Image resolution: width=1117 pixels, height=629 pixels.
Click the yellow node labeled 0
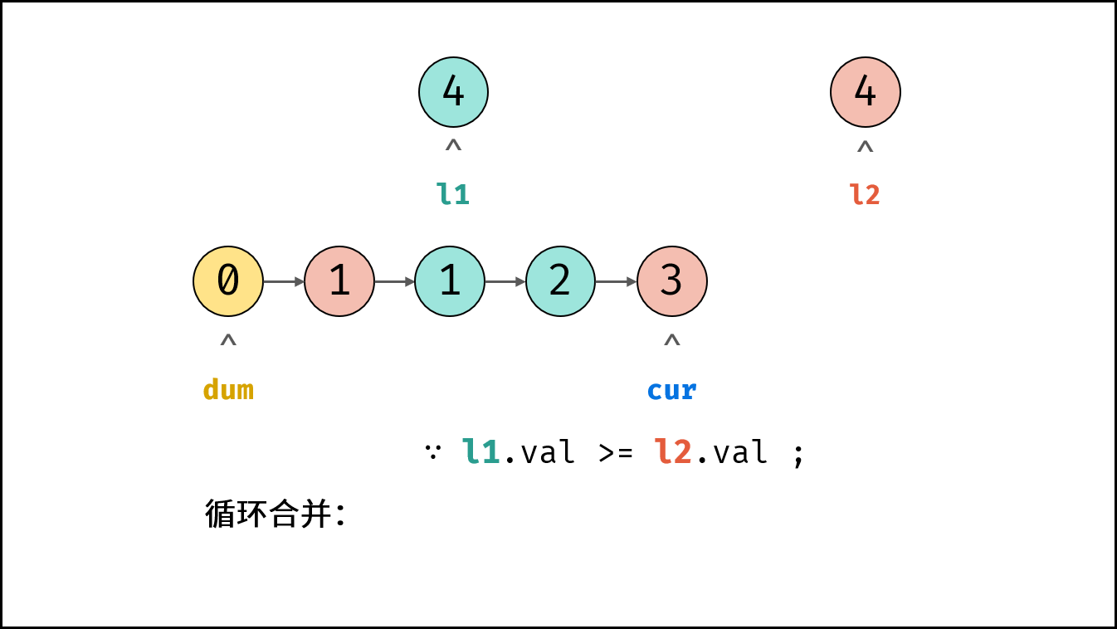tap(228, 281)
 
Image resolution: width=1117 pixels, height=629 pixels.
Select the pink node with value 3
tap(671, 281)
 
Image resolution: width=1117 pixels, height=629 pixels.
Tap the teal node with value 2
tap(560, 281)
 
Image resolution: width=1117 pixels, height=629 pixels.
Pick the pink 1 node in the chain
tap(339, 281)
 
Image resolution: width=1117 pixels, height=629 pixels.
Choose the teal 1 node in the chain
tap(450, 281)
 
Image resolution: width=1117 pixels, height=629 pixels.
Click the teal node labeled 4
tap(453, 92)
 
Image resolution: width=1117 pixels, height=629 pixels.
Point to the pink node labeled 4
tap(866, 92)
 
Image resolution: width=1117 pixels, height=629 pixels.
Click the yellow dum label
tap(228, 389)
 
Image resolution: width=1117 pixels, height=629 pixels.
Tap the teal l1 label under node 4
tap(453, 194)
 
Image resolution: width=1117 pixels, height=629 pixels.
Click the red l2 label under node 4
tap(865, 194)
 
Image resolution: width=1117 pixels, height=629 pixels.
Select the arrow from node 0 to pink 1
tap(284, 282)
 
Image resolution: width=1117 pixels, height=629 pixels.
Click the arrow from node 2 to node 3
tap(617, 282)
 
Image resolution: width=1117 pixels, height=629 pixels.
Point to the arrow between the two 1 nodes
tap(395, 282)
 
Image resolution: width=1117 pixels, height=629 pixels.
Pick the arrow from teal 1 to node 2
tap(505, 282)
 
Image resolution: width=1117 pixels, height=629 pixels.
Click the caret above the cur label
tap(671, 340)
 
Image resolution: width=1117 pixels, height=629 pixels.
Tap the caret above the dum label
tap(228, 340)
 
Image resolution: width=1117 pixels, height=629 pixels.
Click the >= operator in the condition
tap(616, 453)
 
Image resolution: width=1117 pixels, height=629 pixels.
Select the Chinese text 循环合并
tap(268, 514)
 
